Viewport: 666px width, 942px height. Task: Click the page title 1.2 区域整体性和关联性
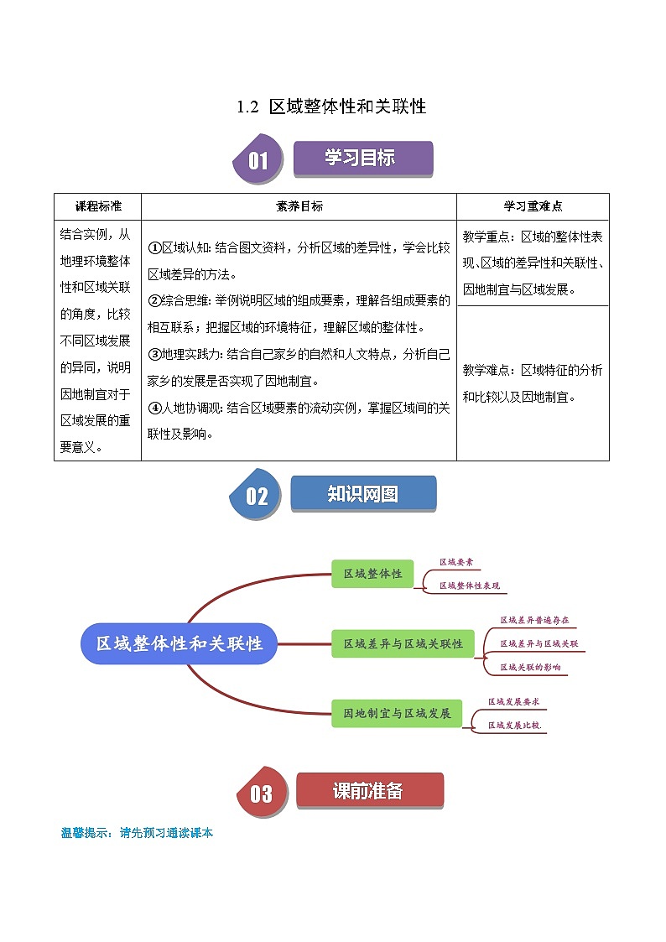332,107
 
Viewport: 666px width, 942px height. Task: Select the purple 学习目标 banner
362,159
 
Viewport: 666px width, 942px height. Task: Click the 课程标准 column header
98,206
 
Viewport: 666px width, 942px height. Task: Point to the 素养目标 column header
299,206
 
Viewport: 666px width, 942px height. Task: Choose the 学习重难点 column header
533,206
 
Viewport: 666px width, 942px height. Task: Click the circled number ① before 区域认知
154,248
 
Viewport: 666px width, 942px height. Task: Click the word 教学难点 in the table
486,370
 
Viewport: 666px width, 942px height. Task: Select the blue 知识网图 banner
363,494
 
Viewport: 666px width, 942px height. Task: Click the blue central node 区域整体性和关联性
179,643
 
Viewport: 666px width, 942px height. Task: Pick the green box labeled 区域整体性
372,574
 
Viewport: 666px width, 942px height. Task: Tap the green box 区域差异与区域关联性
403,643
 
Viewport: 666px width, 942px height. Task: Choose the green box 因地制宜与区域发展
397,714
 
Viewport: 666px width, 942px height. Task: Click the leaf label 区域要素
457,563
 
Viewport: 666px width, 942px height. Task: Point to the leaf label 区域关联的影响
530,667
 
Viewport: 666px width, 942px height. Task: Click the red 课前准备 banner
368,791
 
